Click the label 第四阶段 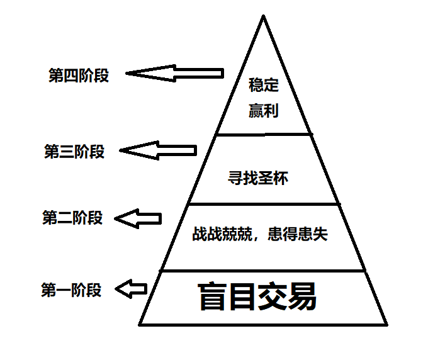pyautogui.click(x=79, y=76)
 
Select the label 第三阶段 pyautogui.click(x=74, y=152)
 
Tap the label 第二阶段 pyautogui.click(x=72, y=218)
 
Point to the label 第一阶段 pyautogui.click(x=71, y=290)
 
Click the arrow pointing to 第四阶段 pyautogui.click(x=174, y=74)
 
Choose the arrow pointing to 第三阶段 pyautogui.click(x=158, y=150)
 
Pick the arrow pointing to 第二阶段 pyautogui.click(x=140, y=219)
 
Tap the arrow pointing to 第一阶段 pyautogui.click(x=132, y=290)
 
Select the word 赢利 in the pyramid pyautogui.click(x=263, y=111)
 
